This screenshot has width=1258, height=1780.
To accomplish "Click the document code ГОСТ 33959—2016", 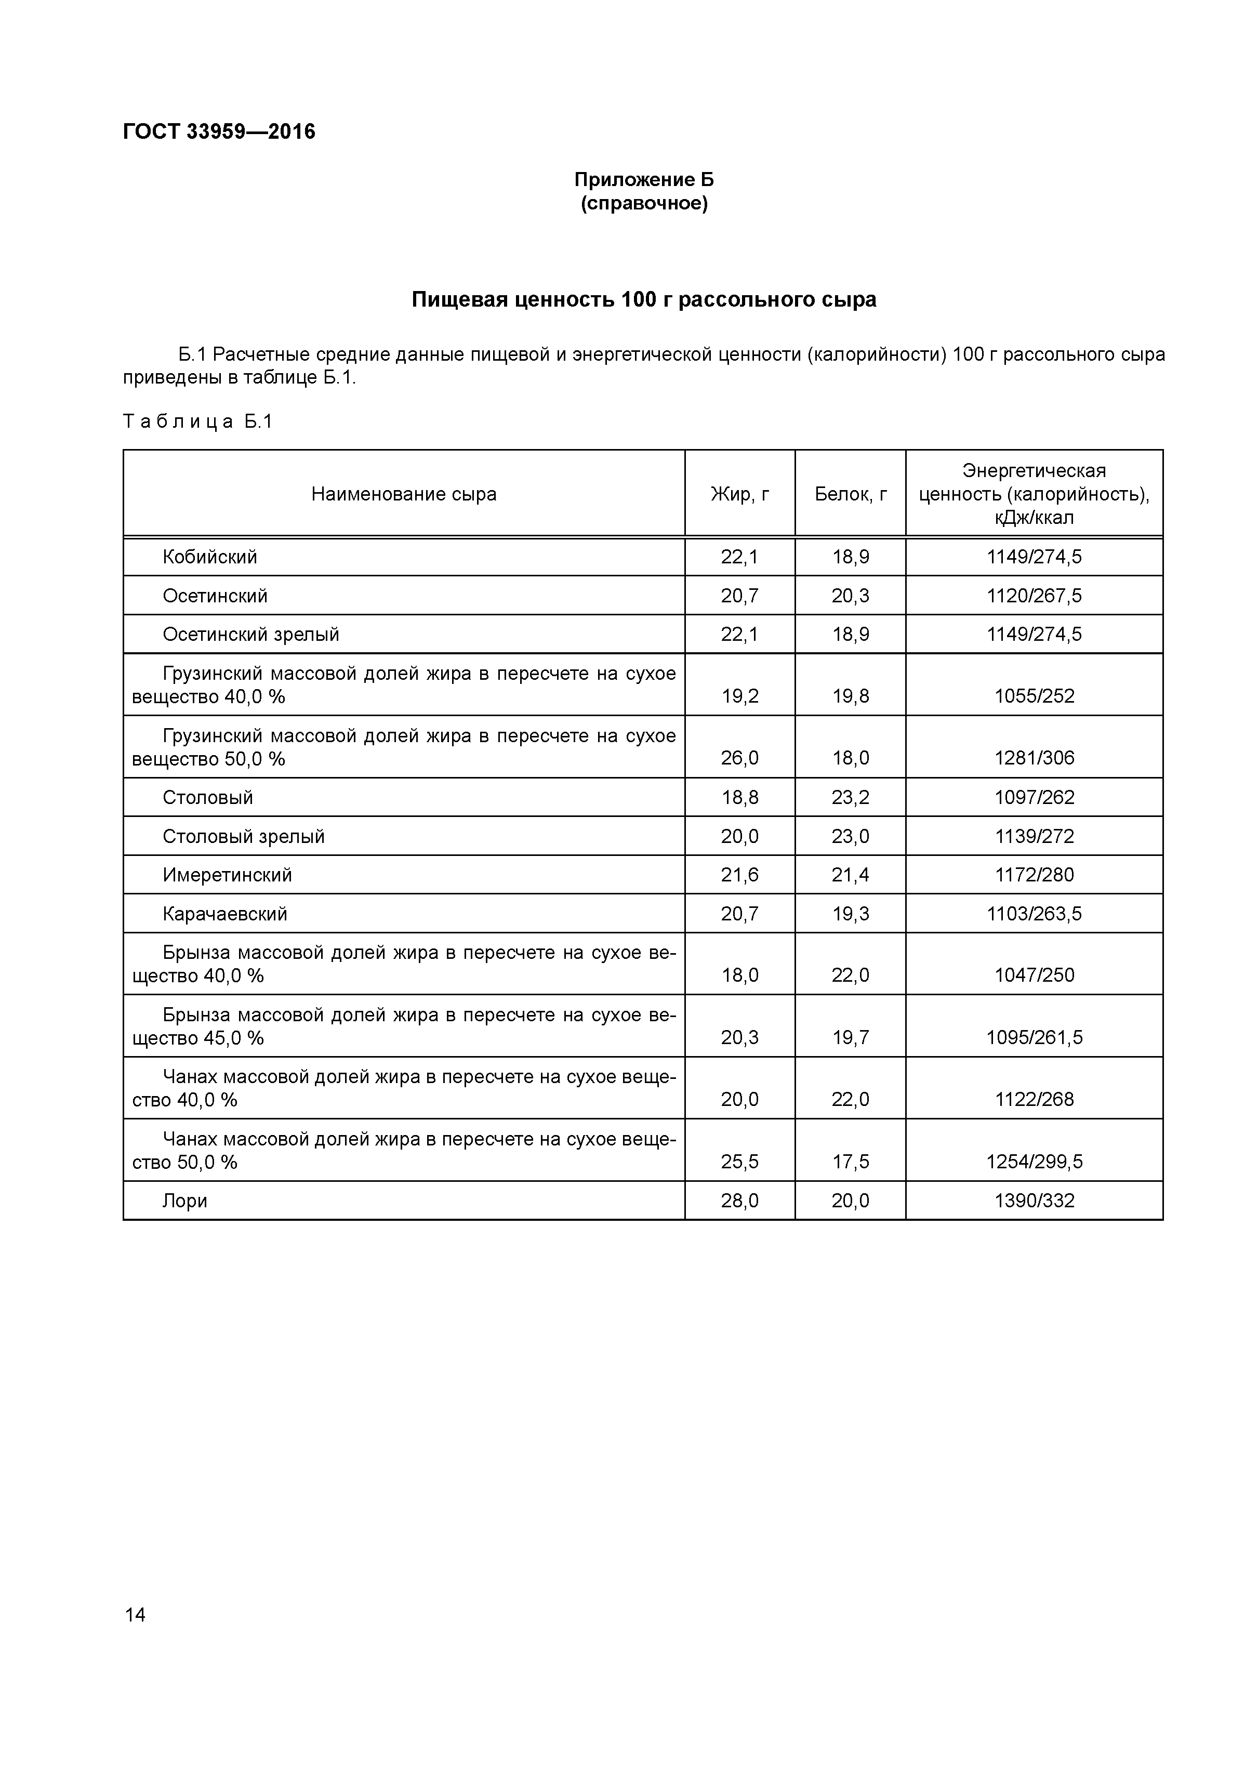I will click(219, 132).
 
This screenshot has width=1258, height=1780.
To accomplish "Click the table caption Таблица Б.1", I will click(198, 421).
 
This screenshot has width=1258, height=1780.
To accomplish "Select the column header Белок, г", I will click(850, 494).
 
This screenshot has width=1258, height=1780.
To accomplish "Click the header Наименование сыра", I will click(404, 494).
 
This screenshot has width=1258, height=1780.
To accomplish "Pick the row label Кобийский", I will click(210, 557).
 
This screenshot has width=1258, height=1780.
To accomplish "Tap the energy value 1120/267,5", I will click(1034, 596).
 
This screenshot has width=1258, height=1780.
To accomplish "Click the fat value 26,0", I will click(739, 757).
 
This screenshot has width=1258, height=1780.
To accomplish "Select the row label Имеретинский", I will click(227, 875).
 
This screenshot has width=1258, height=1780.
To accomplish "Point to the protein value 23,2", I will click(850, 797).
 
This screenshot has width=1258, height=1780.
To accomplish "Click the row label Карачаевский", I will click(225, 913).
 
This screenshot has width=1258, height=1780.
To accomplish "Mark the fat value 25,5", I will click(739, 1162).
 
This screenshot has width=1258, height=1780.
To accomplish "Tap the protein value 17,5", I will click(850, 1162).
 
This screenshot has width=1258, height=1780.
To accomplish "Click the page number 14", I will click(135, 1615).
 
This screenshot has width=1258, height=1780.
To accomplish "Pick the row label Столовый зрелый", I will click(243, 836).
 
